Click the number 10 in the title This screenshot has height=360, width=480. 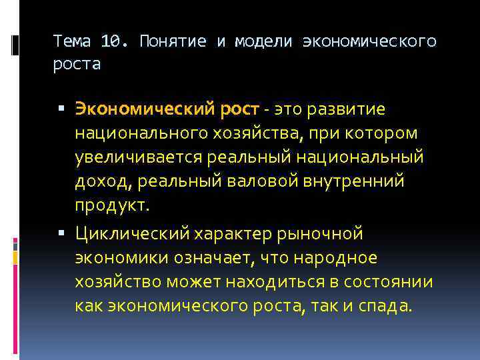click(x=110, y=41)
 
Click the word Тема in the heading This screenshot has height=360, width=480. click(x=75, y=41)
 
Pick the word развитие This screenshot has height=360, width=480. click(x=346, y=108)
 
